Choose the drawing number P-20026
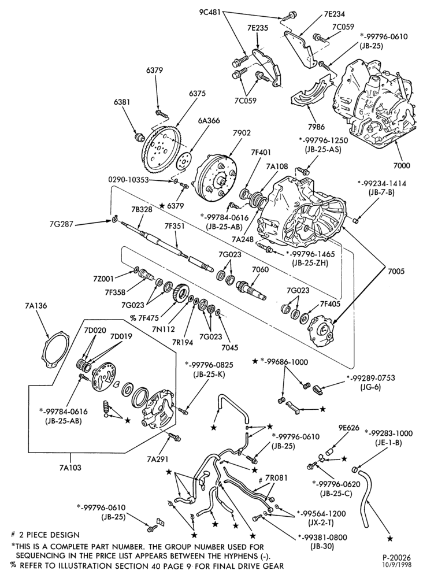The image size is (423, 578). coord(396,558)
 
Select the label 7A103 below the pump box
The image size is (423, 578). coord(69,468)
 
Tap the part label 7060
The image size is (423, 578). coord(260,269)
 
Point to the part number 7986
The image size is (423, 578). coord(316,127)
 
